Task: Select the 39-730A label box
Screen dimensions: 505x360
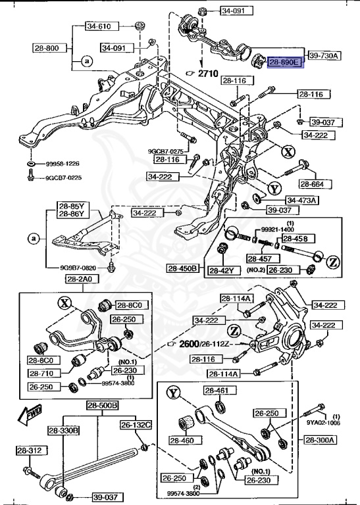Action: click(x=323, y=56)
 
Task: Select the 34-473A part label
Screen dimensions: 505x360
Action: click(x=301, y=200)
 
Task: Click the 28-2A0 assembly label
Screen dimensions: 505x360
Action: click(x=81, y=279)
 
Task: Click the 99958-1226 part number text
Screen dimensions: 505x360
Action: click(x=63, y=164)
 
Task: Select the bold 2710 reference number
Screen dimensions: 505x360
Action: click(x=209, y=74)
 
